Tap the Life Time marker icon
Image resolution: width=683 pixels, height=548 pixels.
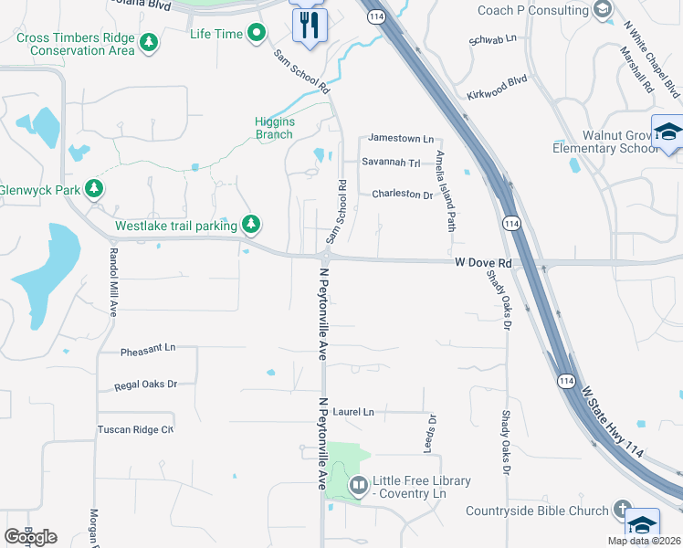click(x=257, y=33)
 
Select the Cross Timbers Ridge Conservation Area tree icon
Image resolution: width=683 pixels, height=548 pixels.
click(x=149, y=43)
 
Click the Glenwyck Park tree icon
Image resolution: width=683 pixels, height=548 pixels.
click(x=93, y=189)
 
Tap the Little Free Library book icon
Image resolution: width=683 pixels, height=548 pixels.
click(x=358, y=485)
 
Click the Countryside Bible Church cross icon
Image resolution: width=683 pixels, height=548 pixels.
click(x=622, y=510)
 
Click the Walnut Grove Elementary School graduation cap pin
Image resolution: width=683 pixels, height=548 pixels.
click(x=667, y=133)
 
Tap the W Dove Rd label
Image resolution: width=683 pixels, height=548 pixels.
click(x=484, y=263)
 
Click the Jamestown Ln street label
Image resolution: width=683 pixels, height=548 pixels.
click(x=401, y=138)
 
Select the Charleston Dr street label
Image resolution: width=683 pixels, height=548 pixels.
click(x=402, y=195)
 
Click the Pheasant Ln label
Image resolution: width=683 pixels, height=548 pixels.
click(x=147, y=349)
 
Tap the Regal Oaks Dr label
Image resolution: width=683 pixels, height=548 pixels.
click(x=145, y=385)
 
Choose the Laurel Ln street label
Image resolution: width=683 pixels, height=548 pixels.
click(x=353, y=413)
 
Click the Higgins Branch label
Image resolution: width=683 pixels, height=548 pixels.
click(x=274, y=128)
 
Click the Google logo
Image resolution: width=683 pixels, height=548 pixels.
click(x=30, y=537)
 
